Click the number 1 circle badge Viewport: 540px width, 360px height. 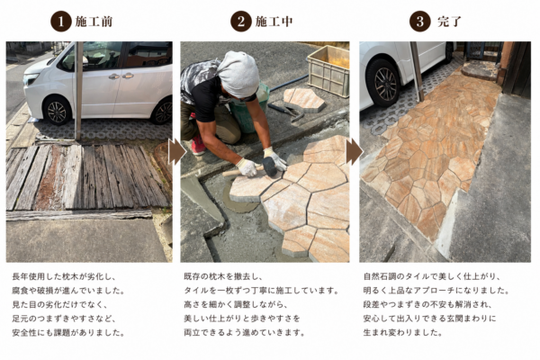[x=61, y=22]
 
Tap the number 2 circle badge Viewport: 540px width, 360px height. [x=240, y=22]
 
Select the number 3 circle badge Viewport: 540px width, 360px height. [x=419, y=22]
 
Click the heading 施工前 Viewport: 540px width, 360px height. [x=94, y=22]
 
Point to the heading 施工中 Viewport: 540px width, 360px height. [x=274, y=22]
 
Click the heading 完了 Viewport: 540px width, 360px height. [x=449, y=22]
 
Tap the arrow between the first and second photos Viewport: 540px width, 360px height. [x=176, y=151]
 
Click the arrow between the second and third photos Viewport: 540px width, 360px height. [x=354, y=151]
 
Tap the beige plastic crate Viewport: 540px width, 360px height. [x=328, y=70]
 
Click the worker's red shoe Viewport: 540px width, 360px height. [x=198, y=145]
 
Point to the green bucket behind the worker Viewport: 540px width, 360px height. [x=248, y=110]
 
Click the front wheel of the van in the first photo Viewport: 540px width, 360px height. [x=57, y=111]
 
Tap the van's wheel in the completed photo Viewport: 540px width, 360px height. [x=383, y=84]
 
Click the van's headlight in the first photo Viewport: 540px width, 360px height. [x=31, y=79]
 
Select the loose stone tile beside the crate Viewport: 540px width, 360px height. [x=304, y=100]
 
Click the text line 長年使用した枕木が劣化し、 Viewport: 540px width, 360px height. [x=64, y=276]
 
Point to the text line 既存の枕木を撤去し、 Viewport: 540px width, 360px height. [x=223, y=276]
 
